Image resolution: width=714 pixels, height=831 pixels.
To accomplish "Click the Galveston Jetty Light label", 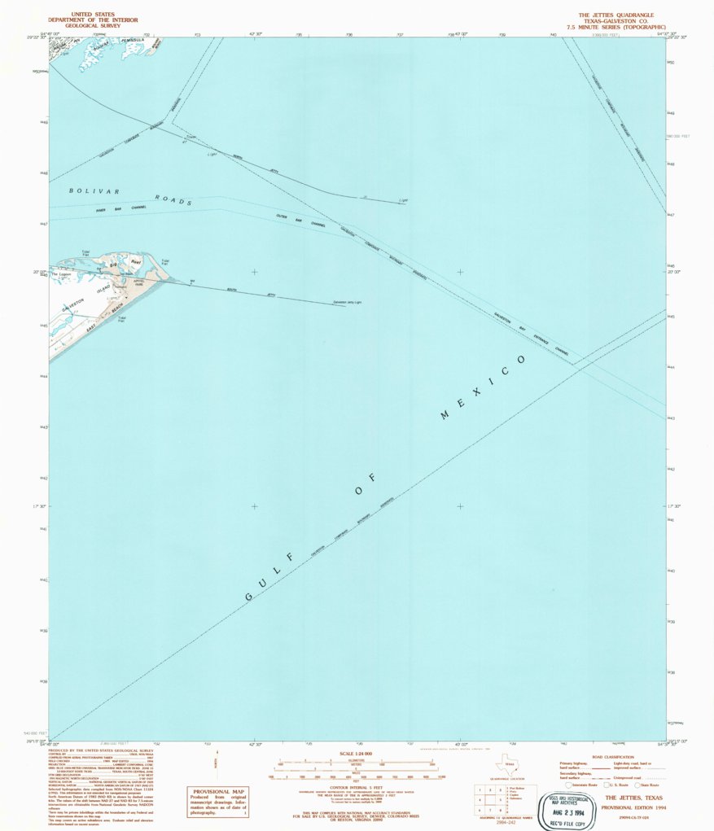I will [347, 302].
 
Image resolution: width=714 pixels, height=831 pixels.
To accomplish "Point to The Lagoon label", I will [63, 274].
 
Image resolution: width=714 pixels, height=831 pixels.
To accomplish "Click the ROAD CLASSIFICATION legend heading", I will [613, 757].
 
